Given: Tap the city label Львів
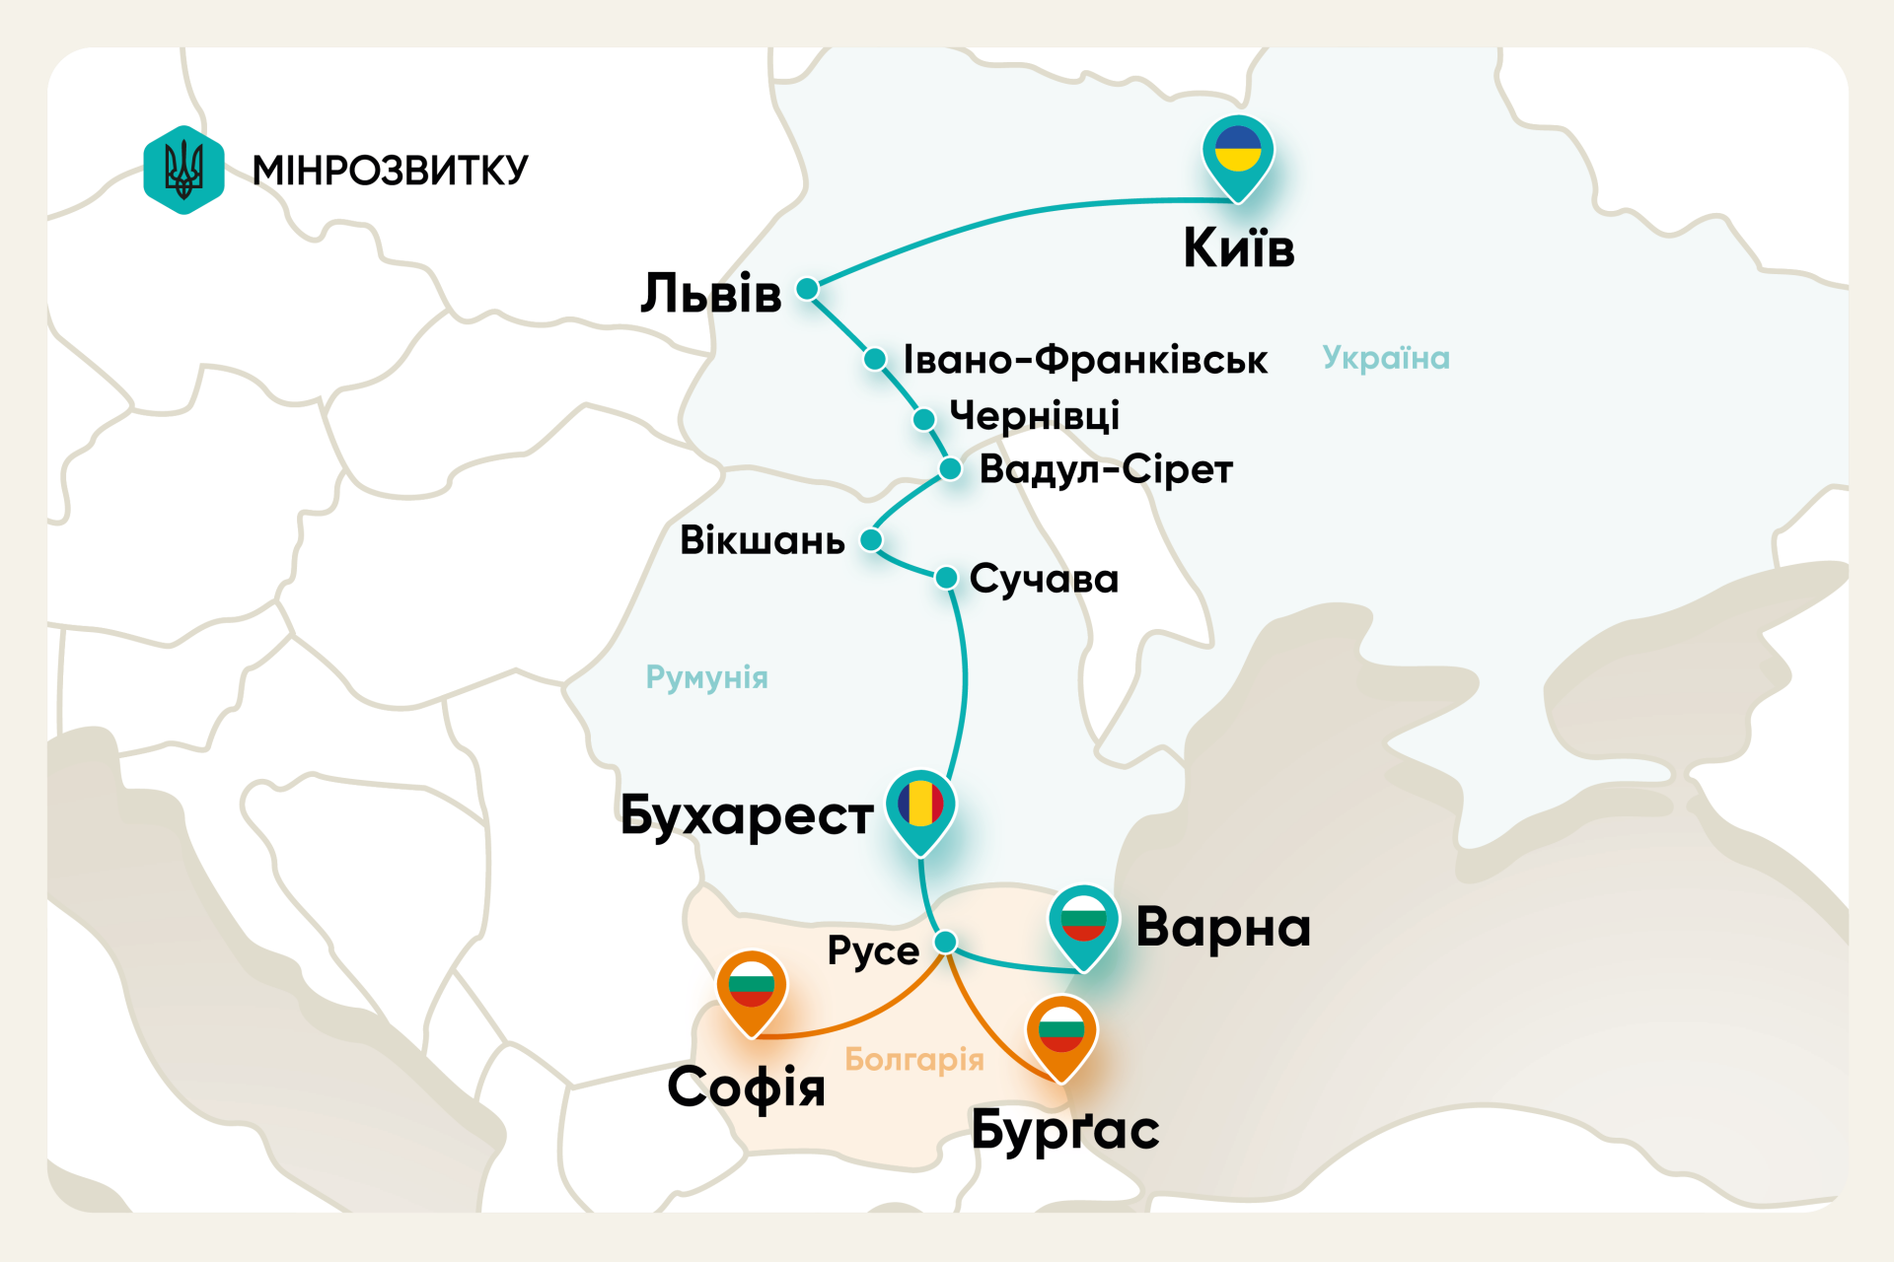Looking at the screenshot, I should (710, 294).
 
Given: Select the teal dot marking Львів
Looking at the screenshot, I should (807, 289).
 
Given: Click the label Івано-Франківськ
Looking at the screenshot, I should (1084, 360).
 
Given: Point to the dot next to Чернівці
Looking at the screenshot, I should (923, 420).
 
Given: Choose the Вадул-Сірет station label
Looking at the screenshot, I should (1105, 469).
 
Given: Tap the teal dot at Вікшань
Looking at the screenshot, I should (871, 540).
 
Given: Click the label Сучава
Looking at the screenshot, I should (1044, 579).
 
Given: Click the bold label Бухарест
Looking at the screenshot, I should (746, 816).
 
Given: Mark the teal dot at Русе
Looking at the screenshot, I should (945, 942).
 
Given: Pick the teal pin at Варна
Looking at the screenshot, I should (1083, 923).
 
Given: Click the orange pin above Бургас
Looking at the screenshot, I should (1061, 1034).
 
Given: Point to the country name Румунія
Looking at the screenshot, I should (706, 677).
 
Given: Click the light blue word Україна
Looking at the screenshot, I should (1385, 358).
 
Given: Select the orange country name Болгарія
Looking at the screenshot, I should (914, 1060).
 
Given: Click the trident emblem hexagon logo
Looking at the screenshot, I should (183, 170).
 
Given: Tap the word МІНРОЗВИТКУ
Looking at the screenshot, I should (390, 171).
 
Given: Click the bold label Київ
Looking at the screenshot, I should (1238, 247).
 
